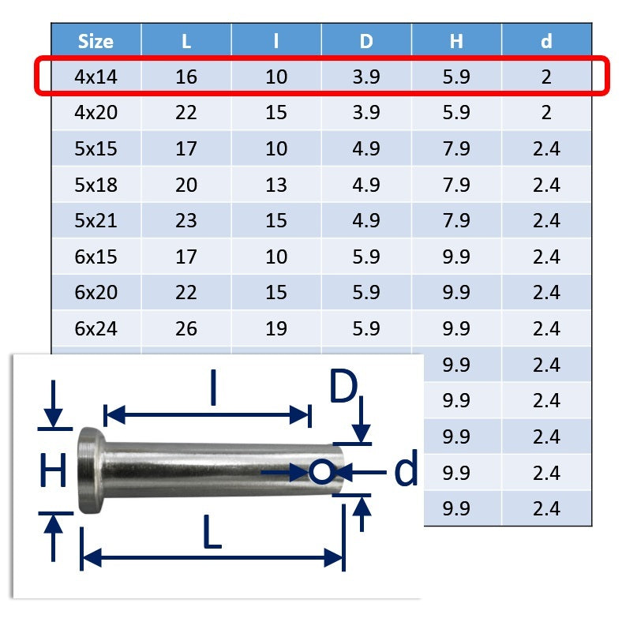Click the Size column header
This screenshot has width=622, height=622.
pos(96,41)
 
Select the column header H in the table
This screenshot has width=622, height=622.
pos(456,41)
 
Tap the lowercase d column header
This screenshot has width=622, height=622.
pos(546,41)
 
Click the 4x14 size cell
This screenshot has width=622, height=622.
pos(96,77)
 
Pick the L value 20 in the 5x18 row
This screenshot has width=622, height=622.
pos(186,185)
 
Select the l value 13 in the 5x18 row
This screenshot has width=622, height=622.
pos(276,185)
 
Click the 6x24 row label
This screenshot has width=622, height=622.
pos(96,328)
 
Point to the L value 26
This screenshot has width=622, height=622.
pos(186,328)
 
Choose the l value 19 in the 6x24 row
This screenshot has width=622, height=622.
pos(276,328)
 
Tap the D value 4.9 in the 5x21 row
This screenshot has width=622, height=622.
pos(366,220)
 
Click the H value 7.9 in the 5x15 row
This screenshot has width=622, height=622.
pos(456,148)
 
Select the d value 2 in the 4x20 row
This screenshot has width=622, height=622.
pos(546,112)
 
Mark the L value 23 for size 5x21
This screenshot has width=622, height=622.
pos(186,220)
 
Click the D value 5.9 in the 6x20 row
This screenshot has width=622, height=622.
pos(366,292)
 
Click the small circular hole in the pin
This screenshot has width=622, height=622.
pos(320,472)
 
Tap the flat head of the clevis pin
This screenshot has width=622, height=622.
pos(89,471)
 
